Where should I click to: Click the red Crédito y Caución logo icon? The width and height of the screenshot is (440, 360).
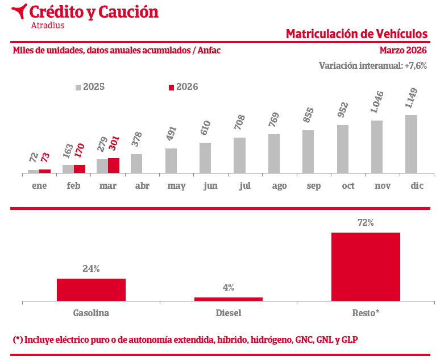click(x=19, y=11)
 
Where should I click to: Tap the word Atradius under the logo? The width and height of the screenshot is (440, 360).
click(x=47, y=25)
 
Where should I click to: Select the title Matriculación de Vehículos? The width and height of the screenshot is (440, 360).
click(x=356, y=34)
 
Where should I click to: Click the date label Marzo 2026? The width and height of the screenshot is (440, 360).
click(x=403, y=50)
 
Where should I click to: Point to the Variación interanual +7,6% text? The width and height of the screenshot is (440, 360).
click(x=373, y=65)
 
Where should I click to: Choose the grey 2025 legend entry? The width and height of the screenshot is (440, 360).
click(x=90, y=87)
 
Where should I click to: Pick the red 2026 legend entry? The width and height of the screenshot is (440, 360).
click(x=184, y=87)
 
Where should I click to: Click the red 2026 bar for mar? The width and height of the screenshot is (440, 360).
click(x=114, y=165)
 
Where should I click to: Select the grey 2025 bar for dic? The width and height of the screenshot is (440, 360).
click(x=411, y=143)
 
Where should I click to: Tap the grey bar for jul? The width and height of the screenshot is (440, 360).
click(x=239, y=155)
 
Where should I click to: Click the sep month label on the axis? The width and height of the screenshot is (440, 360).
click(x=314, y=186)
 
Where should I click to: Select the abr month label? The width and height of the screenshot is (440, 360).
click(x=142, y=186)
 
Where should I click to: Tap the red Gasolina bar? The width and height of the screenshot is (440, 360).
click(x=91, y=289)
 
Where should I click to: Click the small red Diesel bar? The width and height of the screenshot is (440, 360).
click(x=229, y=299)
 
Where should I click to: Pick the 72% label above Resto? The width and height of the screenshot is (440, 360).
click(x=366, y=223)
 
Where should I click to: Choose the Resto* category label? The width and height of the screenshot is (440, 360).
click(x=366, y=313)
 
